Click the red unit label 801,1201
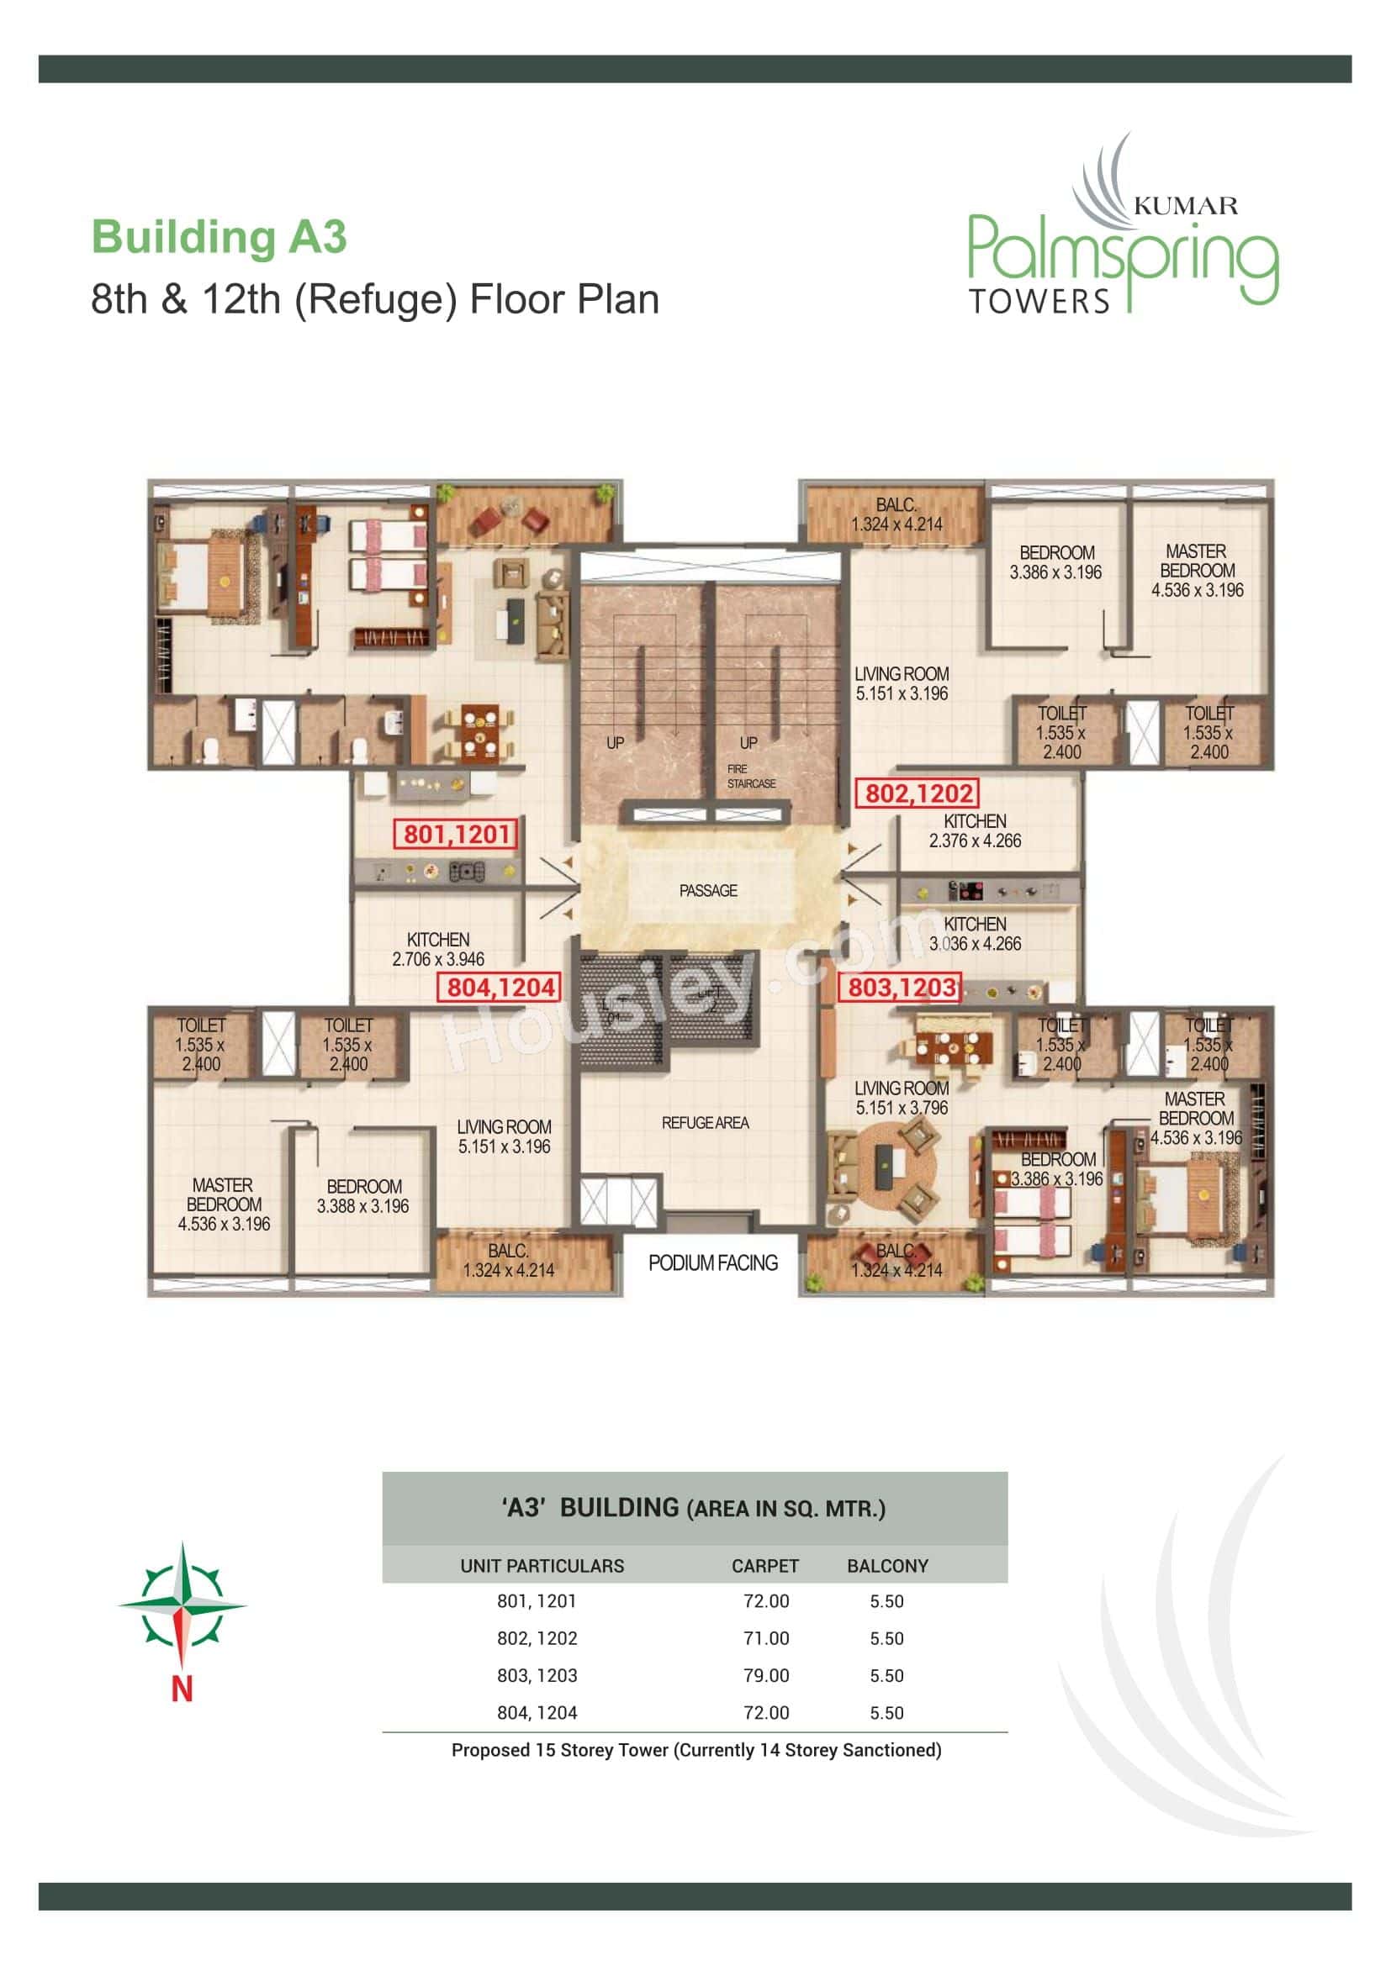click(x=456, y=833)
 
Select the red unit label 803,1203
click(x=901, y=988)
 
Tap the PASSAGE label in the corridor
click(x=707, y=890)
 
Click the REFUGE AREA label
click(x=704, y=1123)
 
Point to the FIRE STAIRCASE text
click(x=750, y=777)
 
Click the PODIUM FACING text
click(x=712, y=1263)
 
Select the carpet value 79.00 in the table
click(x=766, y=1676)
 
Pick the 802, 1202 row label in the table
click(x=537, y=1638)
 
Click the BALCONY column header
click(x=887, y=1566)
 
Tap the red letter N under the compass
click(x=182, y=1689)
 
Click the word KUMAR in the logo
click(x=1186, y=205)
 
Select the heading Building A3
click(x=219, y=237)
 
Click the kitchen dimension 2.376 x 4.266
click(x=975, y=841)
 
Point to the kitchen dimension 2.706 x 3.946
click(x=437, y=959)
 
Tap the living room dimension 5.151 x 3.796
click(x=901, y=1107)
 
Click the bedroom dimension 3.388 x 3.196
click(x=362, y=1205)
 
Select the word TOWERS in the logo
click(x=1039, y=302)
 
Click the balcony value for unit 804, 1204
click(x=886, y=1712)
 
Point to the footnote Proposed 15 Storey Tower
click(x=695, y=1750)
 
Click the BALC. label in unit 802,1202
click(x=896, y=505)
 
